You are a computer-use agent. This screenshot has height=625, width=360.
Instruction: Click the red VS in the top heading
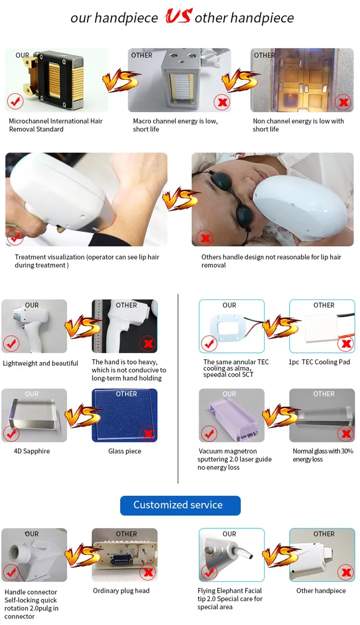click(x=179, y=16)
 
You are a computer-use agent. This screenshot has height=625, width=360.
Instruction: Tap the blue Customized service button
click(x=180, y=505)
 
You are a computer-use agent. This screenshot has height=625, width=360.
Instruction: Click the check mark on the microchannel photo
click(x=15, y=102)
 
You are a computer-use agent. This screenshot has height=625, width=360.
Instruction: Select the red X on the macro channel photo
click(x=222, y=102)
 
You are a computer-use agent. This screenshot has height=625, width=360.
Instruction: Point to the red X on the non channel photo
click(x=343, y=102)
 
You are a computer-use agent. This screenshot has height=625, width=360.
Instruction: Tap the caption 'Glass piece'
click(x=124, y=451)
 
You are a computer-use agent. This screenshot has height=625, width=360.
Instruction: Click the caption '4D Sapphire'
click(x=32, y=451)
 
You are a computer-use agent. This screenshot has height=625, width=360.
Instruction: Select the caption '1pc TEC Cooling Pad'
click(x=319, y=362)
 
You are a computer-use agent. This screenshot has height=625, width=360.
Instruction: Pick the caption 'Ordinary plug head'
click(x=121, y=591)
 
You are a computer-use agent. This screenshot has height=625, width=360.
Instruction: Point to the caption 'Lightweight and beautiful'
click(x=40, y=363)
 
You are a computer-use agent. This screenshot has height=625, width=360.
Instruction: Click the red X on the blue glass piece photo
click(x=148, y=433)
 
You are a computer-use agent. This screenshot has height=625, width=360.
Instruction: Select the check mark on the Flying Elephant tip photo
click(x=209, y=572)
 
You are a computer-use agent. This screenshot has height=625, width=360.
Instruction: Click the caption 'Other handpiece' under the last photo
click(x=321, y=591)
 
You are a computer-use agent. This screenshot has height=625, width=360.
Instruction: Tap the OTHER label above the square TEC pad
click(x=324, y=305)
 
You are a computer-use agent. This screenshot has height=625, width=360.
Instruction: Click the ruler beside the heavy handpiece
click(x=97, y=326)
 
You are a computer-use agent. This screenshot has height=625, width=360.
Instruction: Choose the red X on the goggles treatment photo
click(x=205, y=238)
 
